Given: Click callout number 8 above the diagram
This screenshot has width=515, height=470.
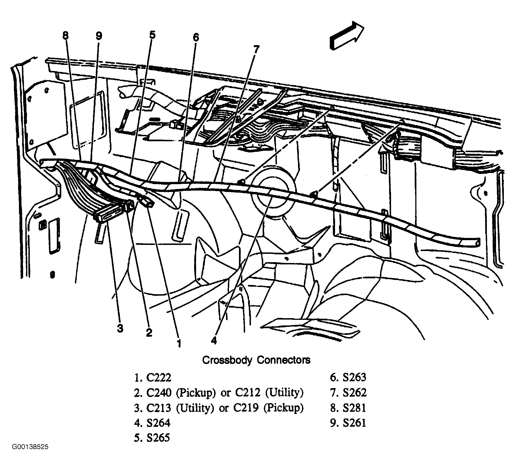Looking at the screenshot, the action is coord(65,36).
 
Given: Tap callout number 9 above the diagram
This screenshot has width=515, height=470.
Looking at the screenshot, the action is coord(99,36).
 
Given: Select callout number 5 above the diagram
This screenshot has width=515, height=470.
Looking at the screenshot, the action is coord(152,35).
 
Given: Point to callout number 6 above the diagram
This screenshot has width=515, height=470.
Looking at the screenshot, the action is coord(196,37).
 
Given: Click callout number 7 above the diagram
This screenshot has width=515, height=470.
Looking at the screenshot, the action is coord(256,50).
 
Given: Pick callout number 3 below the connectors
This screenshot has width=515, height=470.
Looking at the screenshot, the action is coord(120,328).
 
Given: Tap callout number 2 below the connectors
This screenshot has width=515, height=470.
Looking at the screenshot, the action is coord(149,332).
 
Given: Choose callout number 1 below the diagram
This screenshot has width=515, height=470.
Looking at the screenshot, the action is coord(179,343).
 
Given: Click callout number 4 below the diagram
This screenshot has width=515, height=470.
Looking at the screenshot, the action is coord(214,340).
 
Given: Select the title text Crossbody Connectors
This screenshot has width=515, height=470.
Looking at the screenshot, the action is coord(256,360).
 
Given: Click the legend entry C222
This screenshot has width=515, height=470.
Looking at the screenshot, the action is coord(159,378).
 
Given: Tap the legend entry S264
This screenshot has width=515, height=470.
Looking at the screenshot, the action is coord(158,423).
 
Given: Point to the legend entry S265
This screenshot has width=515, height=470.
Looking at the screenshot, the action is coord(158,438).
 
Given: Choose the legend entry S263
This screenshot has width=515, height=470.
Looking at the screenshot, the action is coord(354,378).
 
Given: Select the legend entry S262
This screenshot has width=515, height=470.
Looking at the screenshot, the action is coord(354,393).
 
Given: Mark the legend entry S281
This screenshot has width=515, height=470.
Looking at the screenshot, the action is coord(354,408).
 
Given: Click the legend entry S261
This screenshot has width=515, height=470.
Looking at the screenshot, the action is coord(354,423).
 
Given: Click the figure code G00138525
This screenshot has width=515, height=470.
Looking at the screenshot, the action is coord(30,455).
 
